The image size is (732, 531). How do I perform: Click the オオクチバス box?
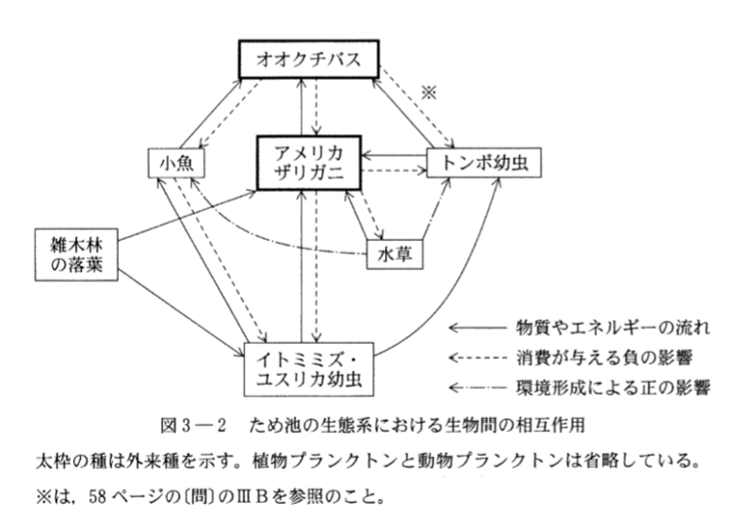[x=307, y=61]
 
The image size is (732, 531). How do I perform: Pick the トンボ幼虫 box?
[x=478, y=164]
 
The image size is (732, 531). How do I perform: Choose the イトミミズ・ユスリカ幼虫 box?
[x=307, y=370]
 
